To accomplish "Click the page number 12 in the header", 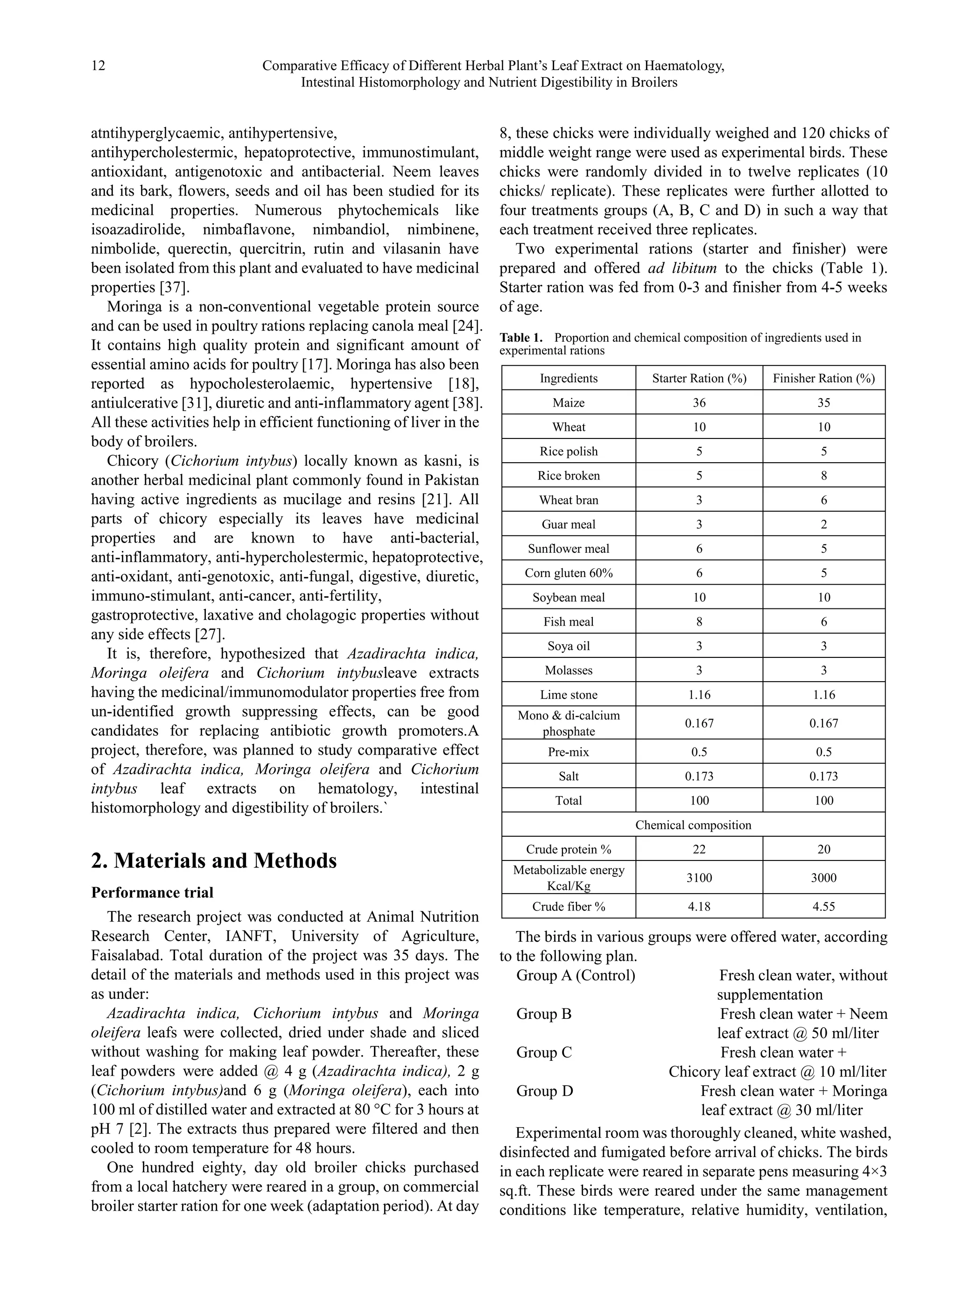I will (98, 65).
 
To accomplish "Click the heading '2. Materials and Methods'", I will (213, 861).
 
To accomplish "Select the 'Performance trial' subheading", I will (152, 892).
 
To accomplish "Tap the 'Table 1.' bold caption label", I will (521, 338).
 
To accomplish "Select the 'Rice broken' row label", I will (568, 475).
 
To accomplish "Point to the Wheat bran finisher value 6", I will (823, 500).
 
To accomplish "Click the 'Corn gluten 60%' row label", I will (568, 572).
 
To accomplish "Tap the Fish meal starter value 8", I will (699, 621).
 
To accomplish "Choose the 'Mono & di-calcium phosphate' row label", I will (568, 723).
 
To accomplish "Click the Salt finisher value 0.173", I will (823, 776).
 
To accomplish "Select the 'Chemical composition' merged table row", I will (693, 825).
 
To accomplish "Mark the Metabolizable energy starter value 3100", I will (699, 877).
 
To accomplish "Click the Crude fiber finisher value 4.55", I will (823, 906).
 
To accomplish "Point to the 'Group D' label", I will (545, 1091).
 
